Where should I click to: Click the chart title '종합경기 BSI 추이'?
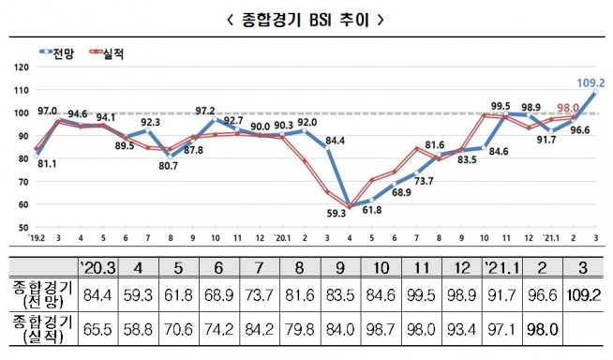click(306, 17)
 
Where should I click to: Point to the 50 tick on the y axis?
click(21, 227)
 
